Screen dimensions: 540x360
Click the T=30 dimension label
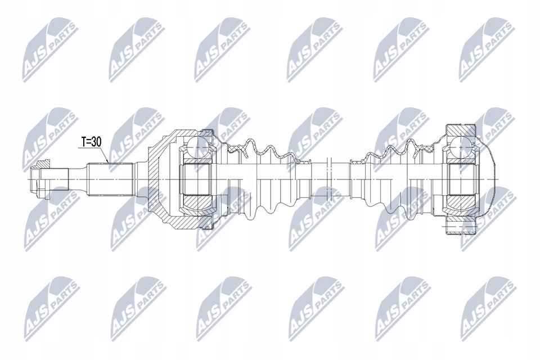(x=91, y=142)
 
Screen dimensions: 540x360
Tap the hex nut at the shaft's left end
(x=39, y=179)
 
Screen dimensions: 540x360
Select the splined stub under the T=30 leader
(x=110, y=179)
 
